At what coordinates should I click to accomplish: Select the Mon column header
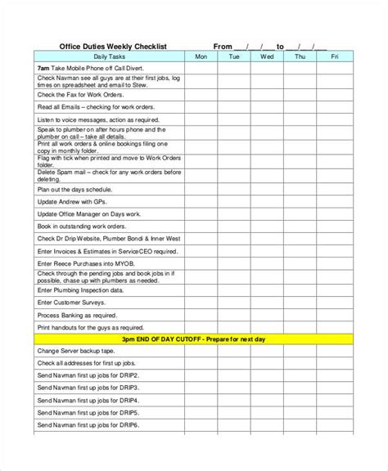point(201,57)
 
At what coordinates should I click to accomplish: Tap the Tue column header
point(234,57)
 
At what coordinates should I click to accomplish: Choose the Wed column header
point(267,57)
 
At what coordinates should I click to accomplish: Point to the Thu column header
point(300,57)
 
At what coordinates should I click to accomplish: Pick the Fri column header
point(334,57)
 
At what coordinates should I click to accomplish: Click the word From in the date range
point(223,47)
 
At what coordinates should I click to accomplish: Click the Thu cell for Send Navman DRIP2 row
point(300,375)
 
